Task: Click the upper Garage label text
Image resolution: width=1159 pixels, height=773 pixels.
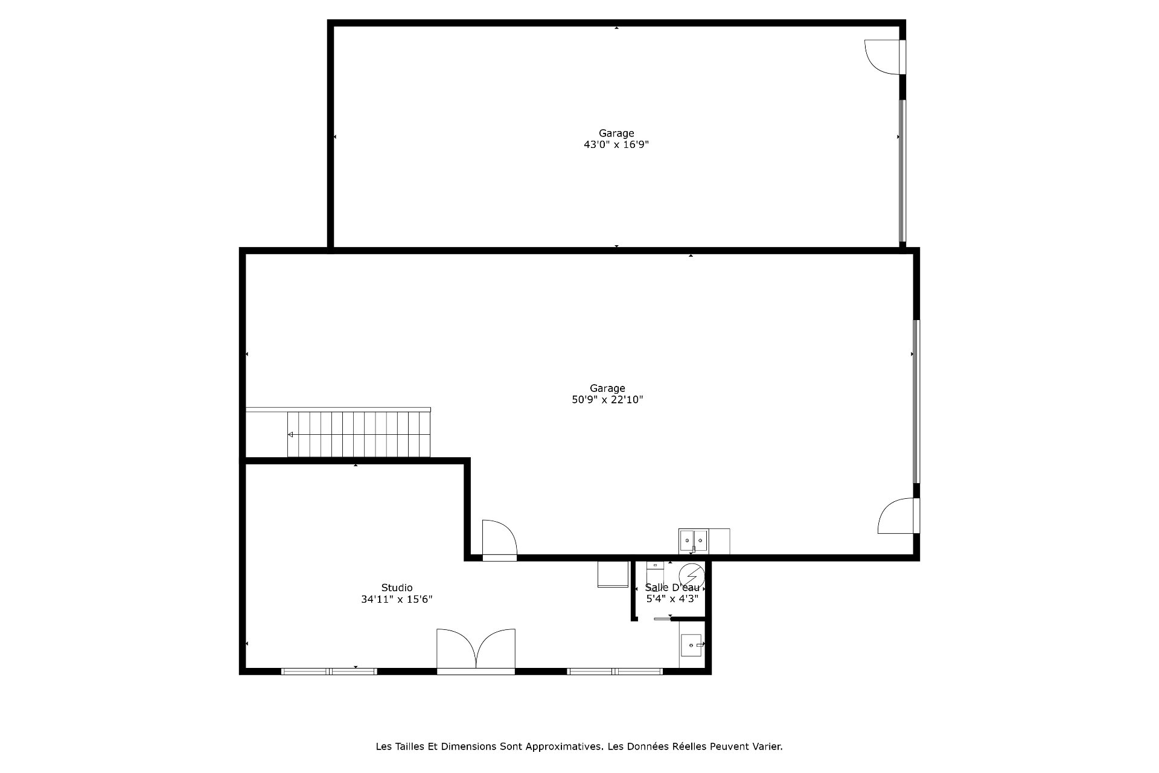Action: click(616, 133)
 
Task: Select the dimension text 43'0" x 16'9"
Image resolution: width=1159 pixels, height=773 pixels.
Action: click(616, 145)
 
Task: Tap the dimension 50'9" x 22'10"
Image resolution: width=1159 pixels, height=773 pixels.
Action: click(608, 400)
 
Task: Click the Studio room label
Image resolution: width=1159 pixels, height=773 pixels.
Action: click(397, 588)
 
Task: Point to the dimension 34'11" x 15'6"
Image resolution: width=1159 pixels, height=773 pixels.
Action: click(397, 600)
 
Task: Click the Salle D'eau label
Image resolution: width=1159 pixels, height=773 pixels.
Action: click(672, 588)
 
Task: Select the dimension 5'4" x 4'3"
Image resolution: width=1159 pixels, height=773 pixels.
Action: click(672, 599)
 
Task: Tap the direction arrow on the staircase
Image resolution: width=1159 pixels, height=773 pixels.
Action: click(290, 434)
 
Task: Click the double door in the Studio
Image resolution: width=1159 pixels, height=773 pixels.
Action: click(476, 650)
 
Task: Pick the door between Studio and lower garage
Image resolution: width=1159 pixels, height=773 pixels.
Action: click(499, 539)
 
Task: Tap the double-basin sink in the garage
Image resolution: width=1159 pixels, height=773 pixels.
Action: click(694, 540)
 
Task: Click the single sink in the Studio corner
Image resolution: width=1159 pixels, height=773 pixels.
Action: click(692, 645)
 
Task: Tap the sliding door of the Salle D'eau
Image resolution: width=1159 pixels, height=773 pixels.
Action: click(663, 618)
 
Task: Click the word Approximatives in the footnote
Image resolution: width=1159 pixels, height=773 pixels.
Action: click(564, 746)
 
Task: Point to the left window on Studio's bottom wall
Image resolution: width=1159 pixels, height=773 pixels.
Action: click(329, 671)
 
